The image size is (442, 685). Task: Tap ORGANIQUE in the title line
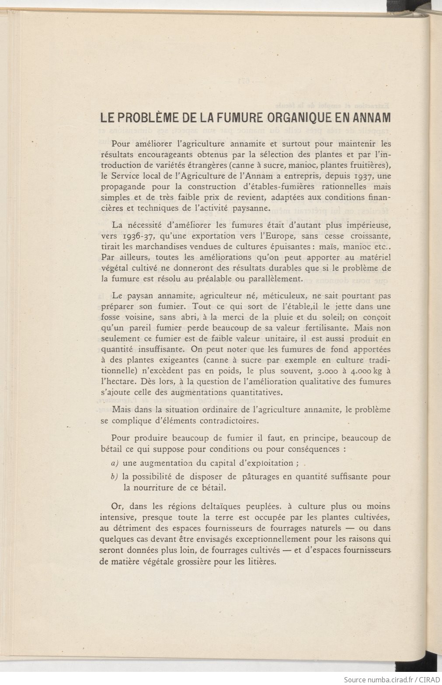tap(291, 118)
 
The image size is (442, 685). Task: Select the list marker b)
tap(115, 476)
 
